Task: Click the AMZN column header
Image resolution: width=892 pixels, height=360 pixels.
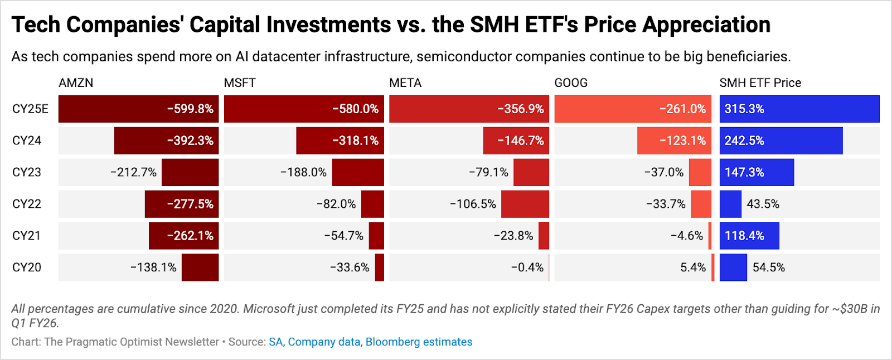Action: coord(76,83)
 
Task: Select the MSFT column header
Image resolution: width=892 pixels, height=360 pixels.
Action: coord(240,83)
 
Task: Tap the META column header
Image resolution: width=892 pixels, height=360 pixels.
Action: coord(405,83)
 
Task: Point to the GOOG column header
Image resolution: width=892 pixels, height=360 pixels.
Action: coord(571,83)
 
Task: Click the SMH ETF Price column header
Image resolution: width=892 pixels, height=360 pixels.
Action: coord(760,83)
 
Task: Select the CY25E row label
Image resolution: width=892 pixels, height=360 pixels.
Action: coord(30,109)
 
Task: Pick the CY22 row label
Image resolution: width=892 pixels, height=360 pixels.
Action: coord(27,204)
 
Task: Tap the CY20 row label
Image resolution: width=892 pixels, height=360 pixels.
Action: coord(27,267)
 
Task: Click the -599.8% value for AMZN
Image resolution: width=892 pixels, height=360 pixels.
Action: coord(190,109)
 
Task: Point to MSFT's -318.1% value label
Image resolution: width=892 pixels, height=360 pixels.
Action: coord(355,141)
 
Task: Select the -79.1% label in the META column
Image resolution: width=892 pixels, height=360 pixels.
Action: coord(488,173)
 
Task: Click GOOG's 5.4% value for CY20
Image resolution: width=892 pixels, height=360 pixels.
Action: coord(693,267)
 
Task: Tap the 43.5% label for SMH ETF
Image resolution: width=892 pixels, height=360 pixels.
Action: coord(763,204)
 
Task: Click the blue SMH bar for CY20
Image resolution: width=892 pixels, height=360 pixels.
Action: coord(733,267)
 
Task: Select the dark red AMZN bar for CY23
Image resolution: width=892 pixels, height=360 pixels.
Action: coord(190,173)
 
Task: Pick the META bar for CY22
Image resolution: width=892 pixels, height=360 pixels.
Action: coord(525,204)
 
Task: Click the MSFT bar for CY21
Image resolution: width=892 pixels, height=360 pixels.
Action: coord(376,236)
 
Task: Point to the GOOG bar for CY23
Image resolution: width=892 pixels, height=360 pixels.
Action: coord(700,173)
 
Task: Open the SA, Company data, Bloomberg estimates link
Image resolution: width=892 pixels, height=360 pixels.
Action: coord(370,342)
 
